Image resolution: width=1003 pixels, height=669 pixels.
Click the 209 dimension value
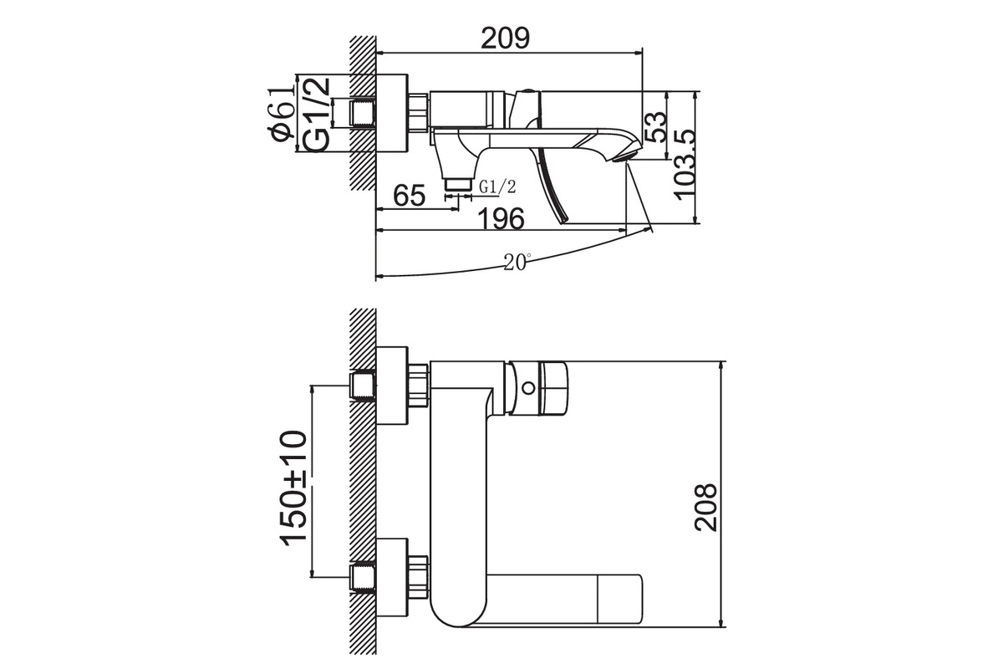[505, 38]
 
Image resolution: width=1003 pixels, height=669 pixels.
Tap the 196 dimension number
[501, 218]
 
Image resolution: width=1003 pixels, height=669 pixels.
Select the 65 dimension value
[409, 196]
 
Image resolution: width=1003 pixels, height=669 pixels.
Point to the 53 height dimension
[655, 127]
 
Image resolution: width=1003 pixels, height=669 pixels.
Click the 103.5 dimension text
[685, 165]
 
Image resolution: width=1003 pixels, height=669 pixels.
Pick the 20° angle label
[517, 262]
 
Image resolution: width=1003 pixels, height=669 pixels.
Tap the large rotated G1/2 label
[316, 115]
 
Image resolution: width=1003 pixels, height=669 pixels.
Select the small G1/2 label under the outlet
[497, 186]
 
